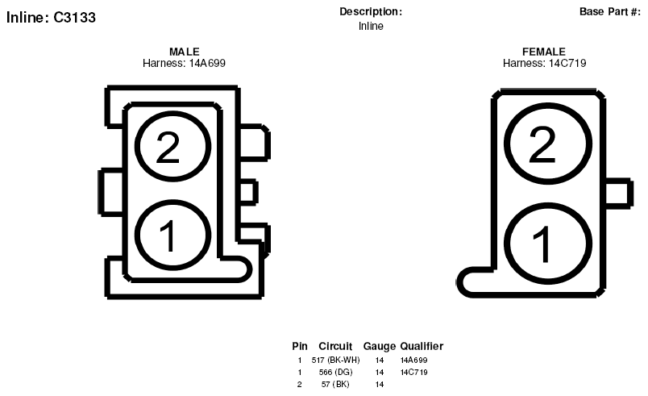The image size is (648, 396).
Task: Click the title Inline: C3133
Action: coord(51,18)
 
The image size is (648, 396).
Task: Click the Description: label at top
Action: coord(371,11)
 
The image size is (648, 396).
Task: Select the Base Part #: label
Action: coord(609,11)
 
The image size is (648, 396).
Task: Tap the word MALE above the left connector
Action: coord(185,52)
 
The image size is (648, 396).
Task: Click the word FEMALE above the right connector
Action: coord(544,52)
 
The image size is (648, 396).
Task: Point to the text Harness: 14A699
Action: coord(184,63)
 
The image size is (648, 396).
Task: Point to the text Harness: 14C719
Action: coord(544,63)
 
